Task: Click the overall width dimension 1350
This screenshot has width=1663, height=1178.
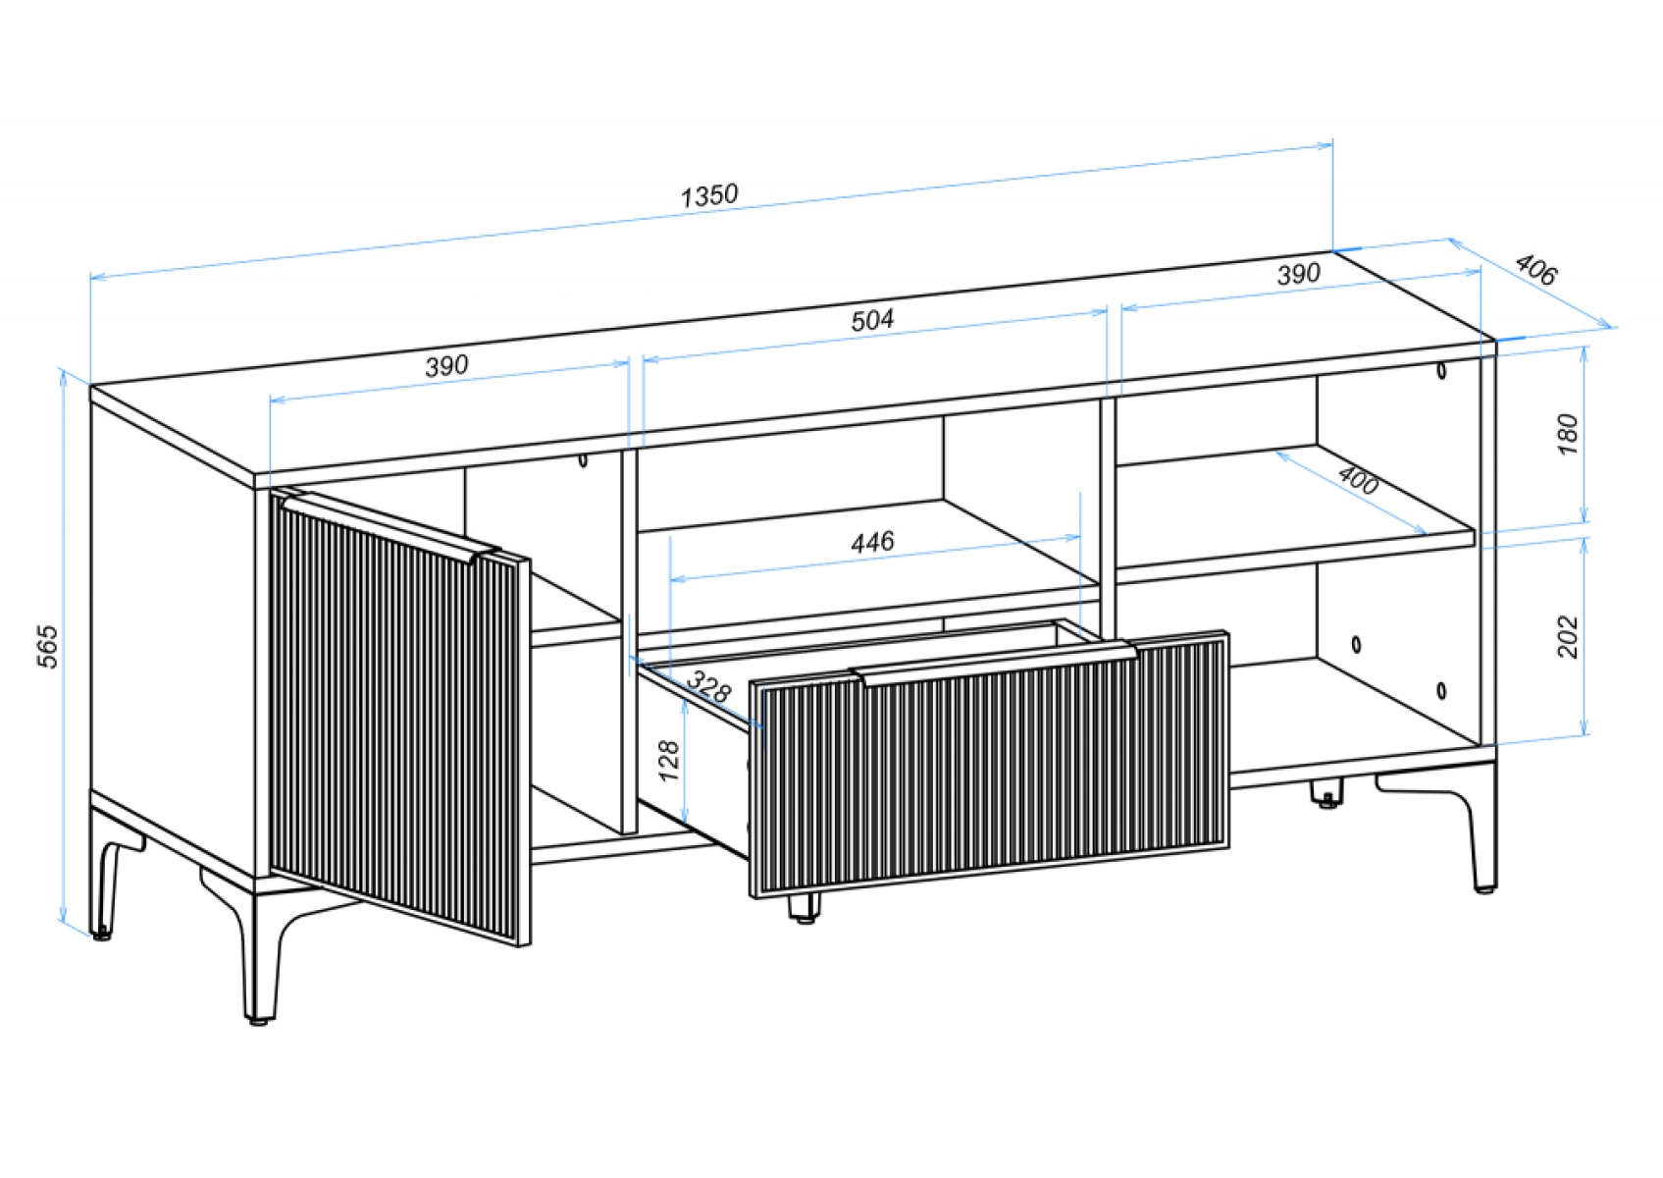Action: pos(709,195)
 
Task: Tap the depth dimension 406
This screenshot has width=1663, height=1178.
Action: pos(1534,270)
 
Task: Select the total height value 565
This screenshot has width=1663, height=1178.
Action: pos(47,646)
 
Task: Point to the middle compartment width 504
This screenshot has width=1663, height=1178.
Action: pos(872,320)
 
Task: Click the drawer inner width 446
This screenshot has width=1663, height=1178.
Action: pos(872,542)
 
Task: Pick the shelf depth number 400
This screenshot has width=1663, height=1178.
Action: pos(1358,480)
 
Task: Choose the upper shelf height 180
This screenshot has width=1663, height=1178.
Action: pos(1567,435)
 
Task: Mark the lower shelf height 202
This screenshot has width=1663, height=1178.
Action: pos(1567,636)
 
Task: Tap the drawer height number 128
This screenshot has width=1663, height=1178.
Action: pos(669,761)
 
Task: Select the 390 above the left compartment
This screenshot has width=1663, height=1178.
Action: pos(446,365)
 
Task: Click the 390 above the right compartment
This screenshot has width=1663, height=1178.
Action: pos(1298,274)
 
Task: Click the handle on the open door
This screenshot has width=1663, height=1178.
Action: pos(391,523)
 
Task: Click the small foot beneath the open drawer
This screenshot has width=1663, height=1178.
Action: pos(805,908)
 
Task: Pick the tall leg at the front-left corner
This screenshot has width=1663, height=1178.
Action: pos(261,951)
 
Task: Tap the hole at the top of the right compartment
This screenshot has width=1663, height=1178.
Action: pos(1441,370)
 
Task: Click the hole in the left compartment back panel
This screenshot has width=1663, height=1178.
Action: pos(583,460)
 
